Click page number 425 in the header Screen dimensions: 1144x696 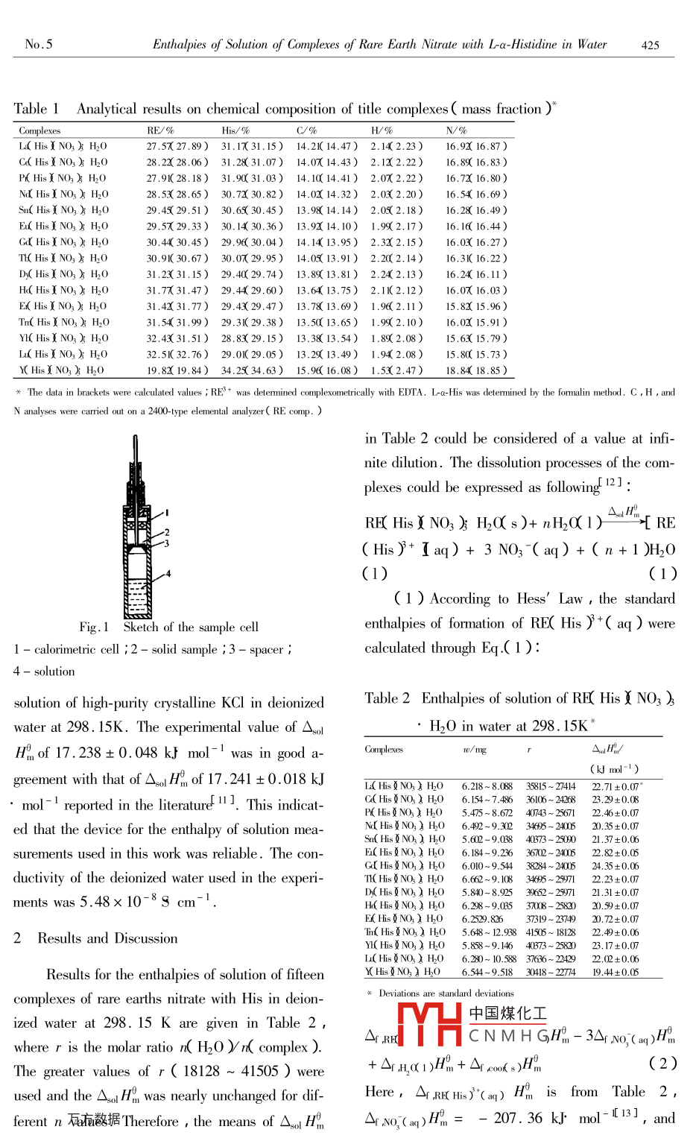[x=650, y=45]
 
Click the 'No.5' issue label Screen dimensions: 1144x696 [x=39, y=44]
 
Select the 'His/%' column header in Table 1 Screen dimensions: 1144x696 [x=235, y=130]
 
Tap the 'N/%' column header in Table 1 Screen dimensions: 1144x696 [x=456, y=130]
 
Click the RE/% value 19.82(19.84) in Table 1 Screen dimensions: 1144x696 [x=177, y=370]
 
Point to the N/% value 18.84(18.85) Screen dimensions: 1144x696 [x=476, y=370]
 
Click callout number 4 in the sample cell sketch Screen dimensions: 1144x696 [x=169, y=573]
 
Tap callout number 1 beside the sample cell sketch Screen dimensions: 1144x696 [x=167, y=513]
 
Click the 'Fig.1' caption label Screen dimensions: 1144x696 [x=94, y=628]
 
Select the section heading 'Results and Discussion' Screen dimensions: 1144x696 [x=107, y=938]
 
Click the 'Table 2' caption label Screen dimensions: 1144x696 [x=387, y=698]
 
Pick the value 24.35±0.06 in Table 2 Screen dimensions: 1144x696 [x=615, y=866]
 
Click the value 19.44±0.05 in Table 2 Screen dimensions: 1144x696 [x=615, y=972]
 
